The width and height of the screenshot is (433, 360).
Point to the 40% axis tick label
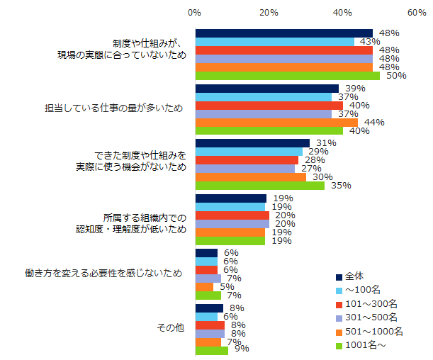click(342, 13)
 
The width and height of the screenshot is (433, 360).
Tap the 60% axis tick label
click(416, 13)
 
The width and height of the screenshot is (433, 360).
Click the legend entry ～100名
click(362, 290)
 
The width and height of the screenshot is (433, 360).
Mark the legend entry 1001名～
click(364, 345)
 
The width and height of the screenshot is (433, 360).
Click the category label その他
click(170, 327)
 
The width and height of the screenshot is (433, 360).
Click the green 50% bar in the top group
click(287, 76)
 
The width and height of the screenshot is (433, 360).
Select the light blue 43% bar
click(274, 42)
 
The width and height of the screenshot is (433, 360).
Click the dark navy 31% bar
click(252, 143)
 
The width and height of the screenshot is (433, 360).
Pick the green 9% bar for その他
click(211, 350)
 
